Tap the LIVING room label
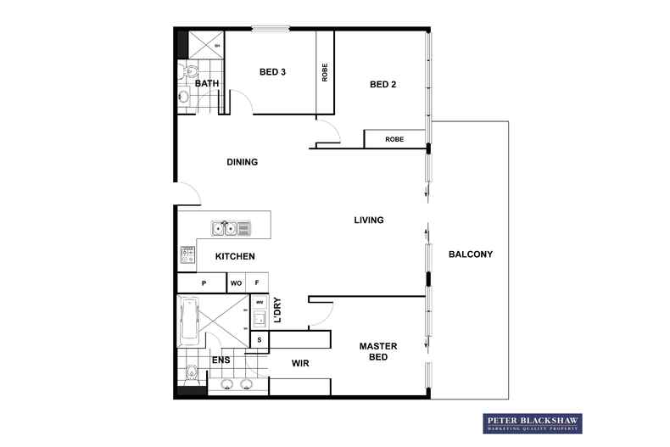click(369, 221)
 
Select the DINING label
click(242, 162)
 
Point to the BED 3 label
click(272, 72)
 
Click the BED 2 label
click(383, 84)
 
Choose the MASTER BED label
click(378, 351)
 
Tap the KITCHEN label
click(235, 256)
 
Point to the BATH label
click(207, 84)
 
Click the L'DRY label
click(277, 311)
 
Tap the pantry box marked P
click(203, 283)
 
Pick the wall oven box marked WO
click(237, 283)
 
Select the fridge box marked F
click(258, 283)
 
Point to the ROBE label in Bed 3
click(325, 73)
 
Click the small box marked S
click(260, 340)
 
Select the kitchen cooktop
click(186, 254)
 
